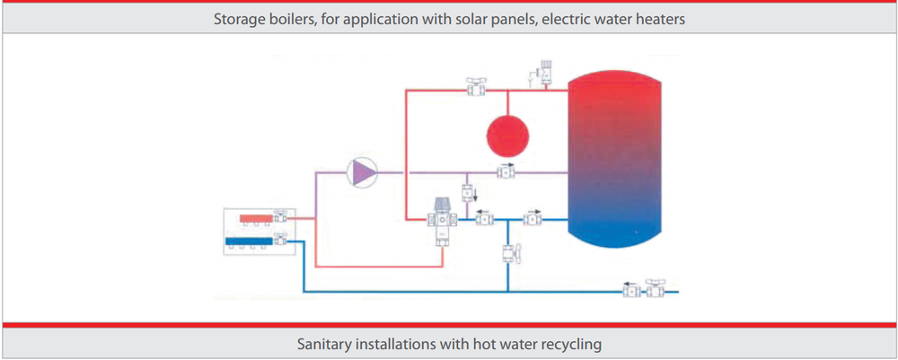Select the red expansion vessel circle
tap(507, 136)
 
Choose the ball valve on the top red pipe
tap(476, 88)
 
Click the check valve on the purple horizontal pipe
tap(506, 171)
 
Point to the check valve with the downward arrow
tap(468, 192)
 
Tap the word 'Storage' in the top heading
tap(236, 17)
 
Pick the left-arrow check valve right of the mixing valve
tap(483, 216)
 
